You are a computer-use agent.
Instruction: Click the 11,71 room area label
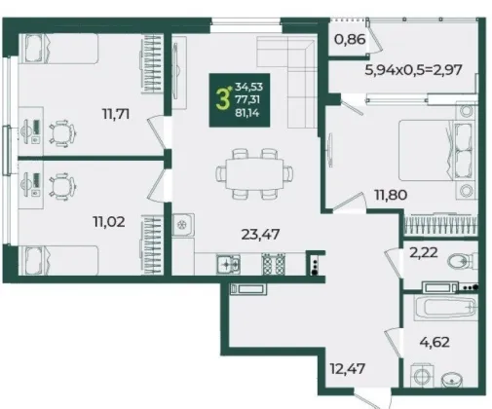point(116,114)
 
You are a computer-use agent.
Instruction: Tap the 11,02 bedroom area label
point(109,222)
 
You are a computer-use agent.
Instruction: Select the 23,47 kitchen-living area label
point(260,234)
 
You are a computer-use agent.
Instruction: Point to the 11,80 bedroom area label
point(391,195)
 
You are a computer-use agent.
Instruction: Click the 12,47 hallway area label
point(348,369)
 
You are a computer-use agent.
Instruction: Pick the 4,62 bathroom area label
point(435,342)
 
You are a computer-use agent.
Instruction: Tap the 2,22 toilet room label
point(424,252)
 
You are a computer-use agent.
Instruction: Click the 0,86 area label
point(350,39)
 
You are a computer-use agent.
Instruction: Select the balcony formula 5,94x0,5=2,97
point(413,70)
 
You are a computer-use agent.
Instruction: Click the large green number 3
point(223,99)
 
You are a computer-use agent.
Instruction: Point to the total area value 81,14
point(249,113)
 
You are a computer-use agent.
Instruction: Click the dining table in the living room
point(254,173)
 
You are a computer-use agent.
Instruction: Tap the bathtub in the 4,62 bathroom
point(445,306)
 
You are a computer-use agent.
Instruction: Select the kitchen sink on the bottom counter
point(228,264)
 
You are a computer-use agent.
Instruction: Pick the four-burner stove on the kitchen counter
point(274,264)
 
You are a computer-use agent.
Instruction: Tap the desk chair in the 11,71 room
point(62,133)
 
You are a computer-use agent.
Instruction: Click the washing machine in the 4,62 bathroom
point(423,376)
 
